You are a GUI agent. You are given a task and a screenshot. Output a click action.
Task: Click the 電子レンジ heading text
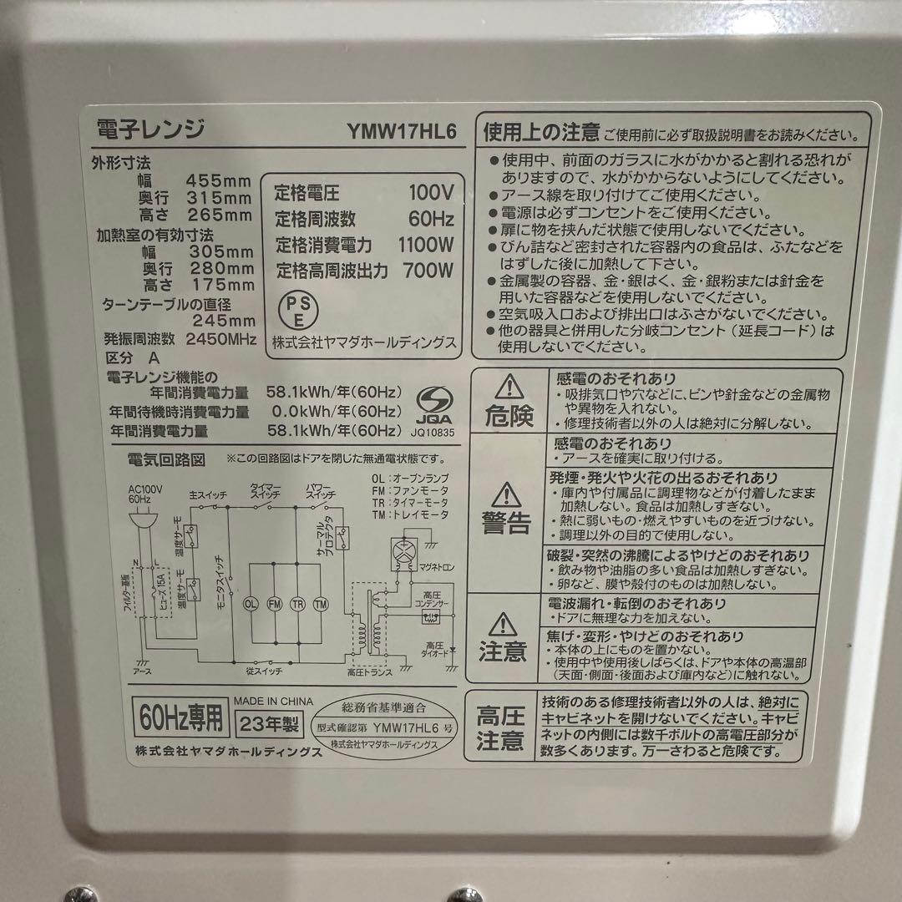(x=151, y=130)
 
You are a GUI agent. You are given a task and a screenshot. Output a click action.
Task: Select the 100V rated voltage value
(x=431, y=193)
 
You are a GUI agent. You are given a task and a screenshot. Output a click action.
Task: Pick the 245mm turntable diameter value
(x=224, y=320)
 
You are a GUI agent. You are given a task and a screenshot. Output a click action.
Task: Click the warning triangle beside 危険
(x=506, y=387)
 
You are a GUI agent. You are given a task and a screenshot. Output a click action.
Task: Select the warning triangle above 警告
(x=506, y=495)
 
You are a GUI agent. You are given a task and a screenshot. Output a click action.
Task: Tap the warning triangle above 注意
(x=504, y=622)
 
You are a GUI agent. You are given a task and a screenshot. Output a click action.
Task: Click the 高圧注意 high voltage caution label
(x=500, y=727)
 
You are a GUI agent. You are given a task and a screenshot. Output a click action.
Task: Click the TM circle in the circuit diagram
(x=322, y=603)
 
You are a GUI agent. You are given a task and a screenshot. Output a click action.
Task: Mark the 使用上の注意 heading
(x=541, y=132)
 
